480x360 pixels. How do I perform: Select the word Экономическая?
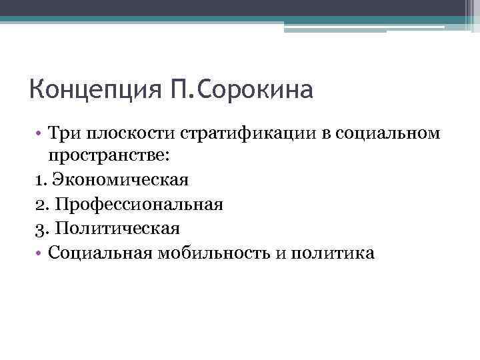[121, 180]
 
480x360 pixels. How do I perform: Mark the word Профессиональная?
[139, 204]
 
